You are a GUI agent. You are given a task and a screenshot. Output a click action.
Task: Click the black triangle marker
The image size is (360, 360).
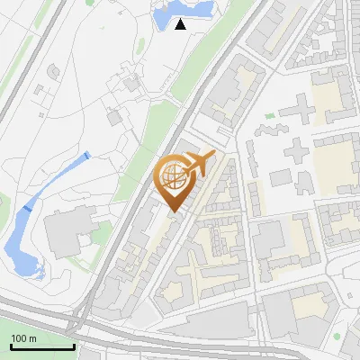pyautogui.click(x=181, y=24)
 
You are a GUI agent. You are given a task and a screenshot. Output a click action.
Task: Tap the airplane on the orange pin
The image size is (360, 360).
pyautogui.click(x=201, y=164)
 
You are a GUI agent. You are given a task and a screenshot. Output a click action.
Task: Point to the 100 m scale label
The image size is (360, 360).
pyautogui.click(x=24, y=337)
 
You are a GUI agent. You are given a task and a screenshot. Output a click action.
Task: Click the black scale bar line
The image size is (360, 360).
pyautogui.click(x=42, y=346)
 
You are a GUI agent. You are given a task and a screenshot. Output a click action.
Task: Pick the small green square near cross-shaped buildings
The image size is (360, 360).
pyautogui.click(x=269, y=116)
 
